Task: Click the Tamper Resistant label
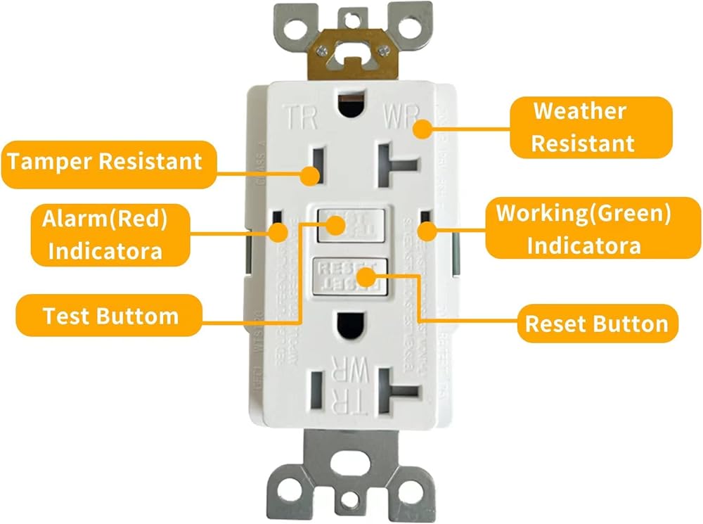105,161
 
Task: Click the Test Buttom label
110,316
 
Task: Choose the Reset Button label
596,324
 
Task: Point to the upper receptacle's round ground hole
349,106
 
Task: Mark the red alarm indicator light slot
278,226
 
